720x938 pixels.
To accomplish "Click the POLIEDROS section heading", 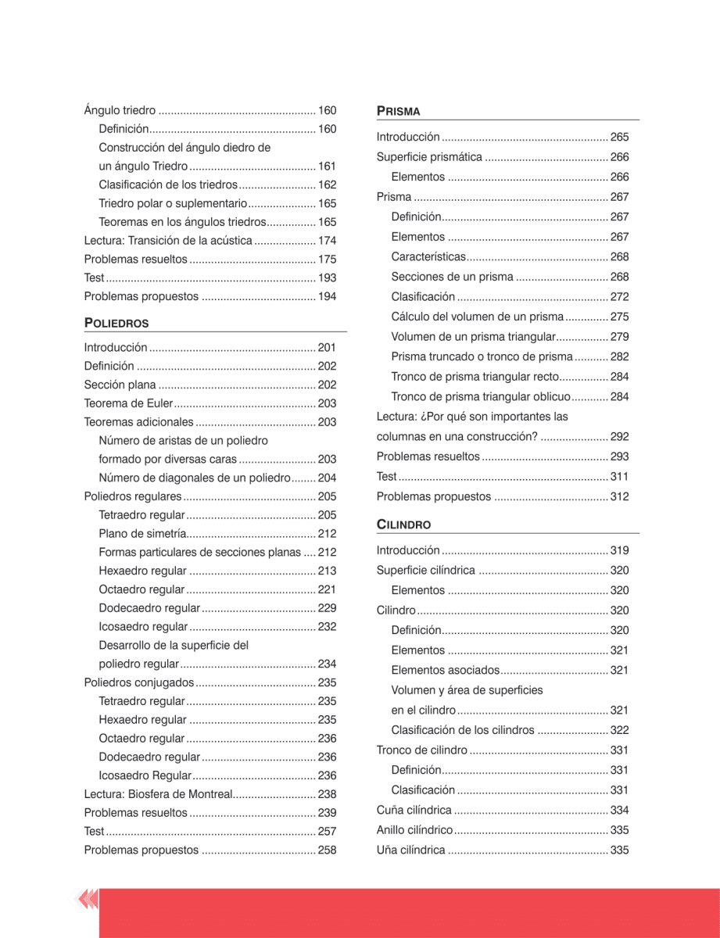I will pos(116,323).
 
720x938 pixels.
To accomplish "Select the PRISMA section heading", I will pos(398,111).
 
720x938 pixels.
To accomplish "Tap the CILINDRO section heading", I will pos(403,524).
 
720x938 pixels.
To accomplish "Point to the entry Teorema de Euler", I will pos(127,403).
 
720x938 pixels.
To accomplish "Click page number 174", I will pos(327,240).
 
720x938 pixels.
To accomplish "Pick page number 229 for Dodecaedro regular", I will pos(327,608).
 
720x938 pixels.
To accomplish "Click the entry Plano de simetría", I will pos(142,534).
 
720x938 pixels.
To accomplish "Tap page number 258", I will pos(327,850).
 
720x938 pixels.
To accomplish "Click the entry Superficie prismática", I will pos(429,157).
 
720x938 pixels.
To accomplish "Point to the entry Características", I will pos(428,256).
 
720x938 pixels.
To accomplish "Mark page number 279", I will pos(619,337).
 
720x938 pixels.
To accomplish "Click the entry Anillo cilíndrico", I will pos(414,830).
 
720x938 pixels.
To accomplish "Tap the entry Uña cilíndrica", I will pos(410,850).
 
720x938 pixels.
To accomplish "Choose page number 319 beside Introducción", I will pos(619,550).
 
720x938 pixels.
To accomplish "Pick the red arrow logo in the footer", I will pos(87,900).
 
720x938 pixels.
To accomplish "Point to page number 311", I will pos(619,476).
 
